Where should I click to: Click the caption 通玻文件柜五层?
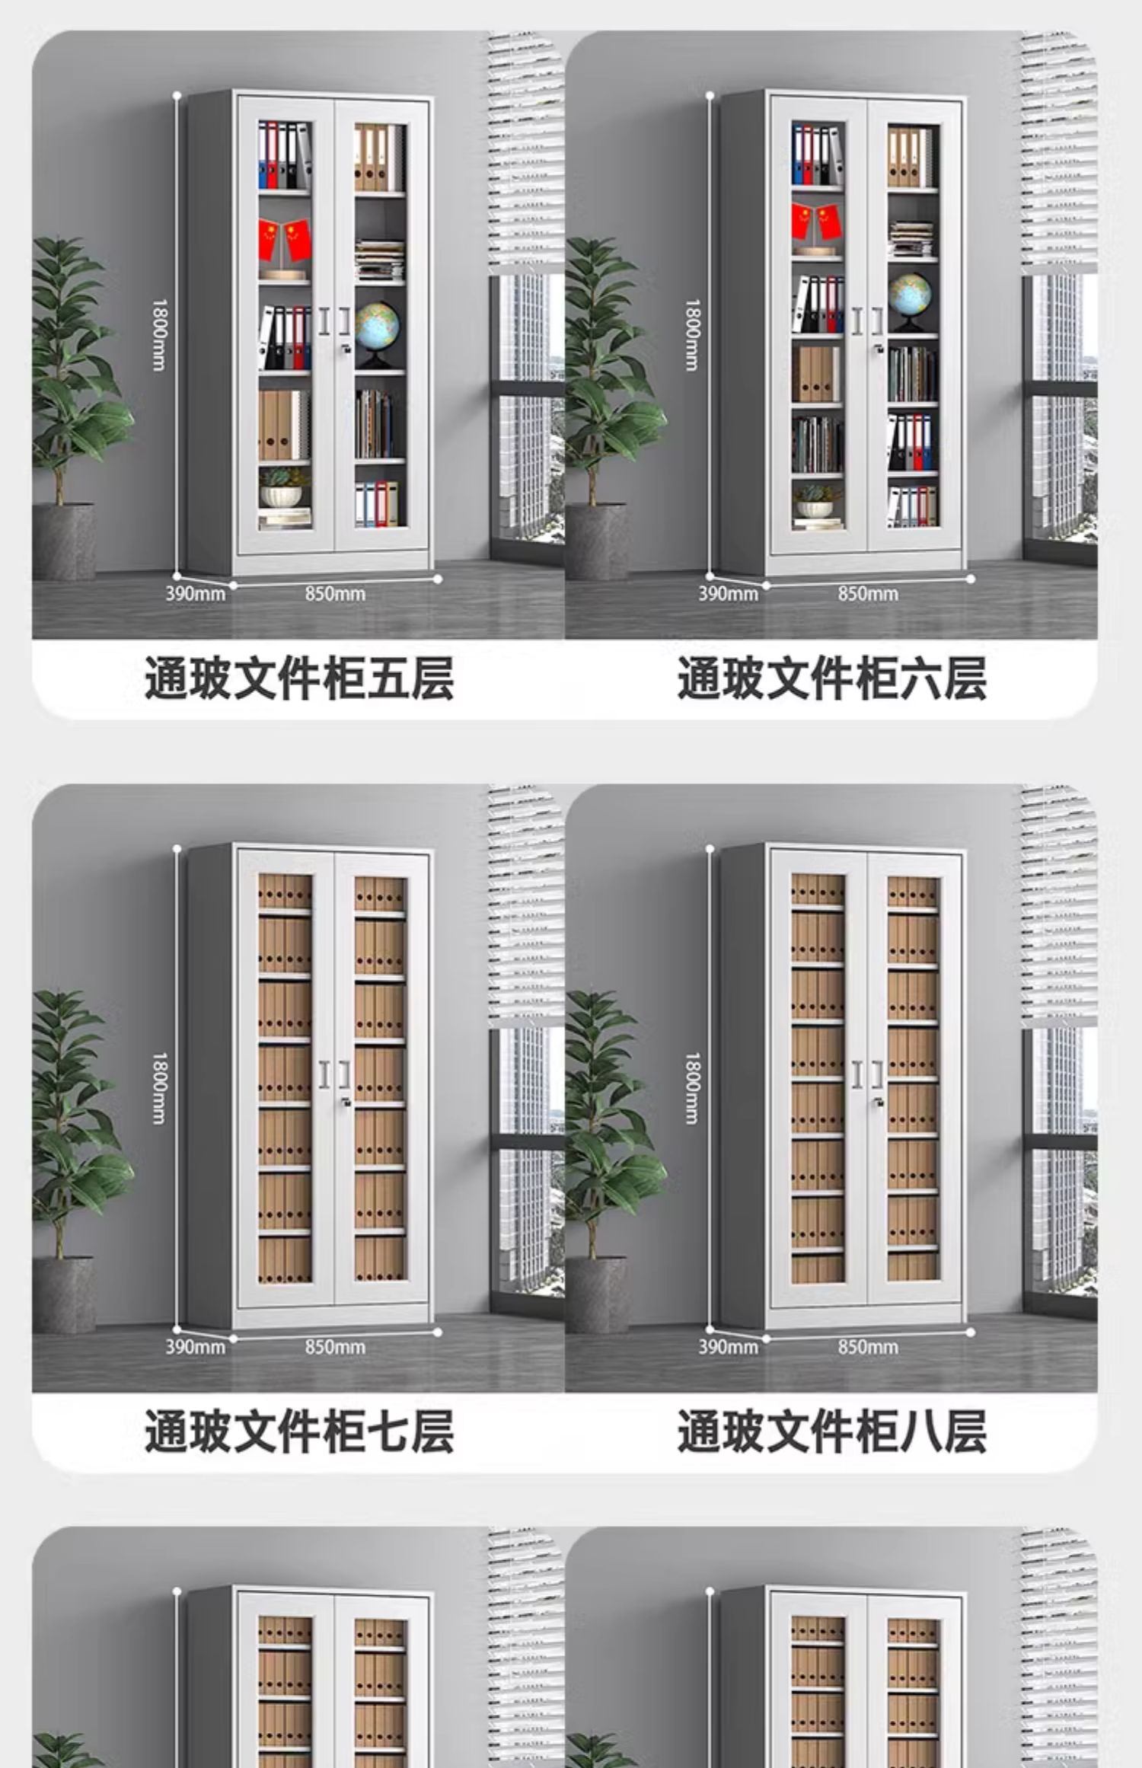(299, 678)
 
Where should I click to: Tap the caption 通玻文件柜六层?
(831, 678)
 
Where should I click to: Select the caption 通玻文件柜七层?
(299, 1431)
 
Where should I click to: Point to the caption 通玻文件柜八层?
(831, 1431)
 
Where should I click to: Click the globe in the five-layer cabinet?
(377, 327)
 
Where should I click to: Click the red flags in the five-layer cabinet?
(285, 238)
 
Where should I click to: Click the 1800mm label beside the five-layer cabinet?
(158, 335)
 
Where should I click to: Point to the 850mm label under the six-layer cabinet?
(868, 594)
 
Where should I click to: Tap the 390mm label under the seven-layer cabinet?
(196, 1347)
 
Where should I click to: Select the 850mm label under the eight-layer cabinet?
(868, 1347)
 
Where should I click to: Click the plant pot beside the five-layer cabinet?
(64, 541)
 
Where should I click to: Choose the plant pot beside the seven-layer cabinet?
(64, 1294)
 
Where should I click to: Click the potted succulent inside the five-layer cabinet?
(283, 487)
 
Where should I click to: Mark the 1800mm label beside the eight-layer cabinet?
(691, 1089)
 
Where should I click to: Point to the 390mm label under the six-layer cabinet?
(729, 594)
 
